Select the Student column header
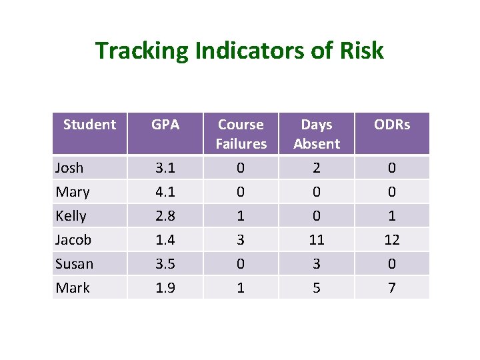(89, 125)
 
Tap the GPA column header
(165, 125)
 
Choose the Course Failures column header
(241, 134)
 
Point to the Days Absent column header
(317, 134)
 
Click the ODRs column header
(392, 125)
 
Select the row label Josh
(69, 168)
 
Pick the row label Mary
(73, 192)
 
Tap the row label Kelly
(71, 216)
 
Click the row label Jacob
(74, 240)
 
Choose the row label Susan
(75, 264)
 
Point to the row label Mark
(73, 288)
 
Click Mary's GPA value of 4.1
(165, 192)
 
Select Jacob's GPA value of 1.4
(165, 240)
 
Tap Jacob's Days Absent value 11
(317, 240)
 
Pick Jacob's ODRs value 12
(392, 240)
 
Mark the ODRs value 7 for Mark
(392, 288)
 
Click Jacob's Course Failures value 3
(241, 240)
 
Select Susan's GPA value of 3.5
(165, 264)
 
